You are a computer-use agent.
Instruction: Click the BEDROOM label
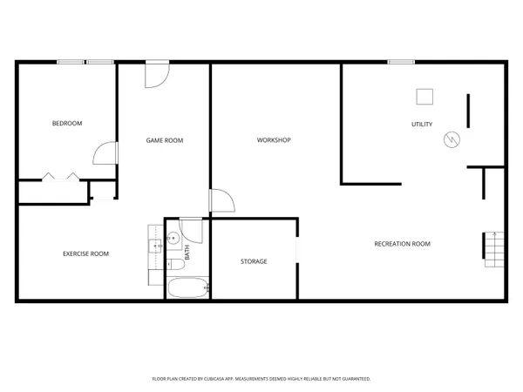tap(67, 124)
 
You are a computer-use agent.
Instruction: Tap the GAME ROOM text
tap(164, 140)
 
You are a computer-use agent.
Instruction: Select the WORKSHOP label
tap(274, 140)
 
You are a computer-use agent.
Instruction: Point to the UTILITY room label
tap(422, 125)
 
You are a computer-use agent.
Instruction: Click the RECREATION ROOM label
tap(402, 244)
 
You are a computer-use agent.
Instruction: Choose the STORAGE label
tap(254, 261)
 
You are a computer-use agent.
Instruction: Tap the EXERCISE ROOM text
tap(85, 253)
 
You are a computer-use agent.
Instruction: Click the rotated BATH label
tap(187, 253)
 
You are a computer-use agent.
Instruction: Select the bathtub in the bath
tap(187, 288)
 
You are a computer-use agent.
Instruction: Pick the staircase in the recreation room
tap(494, 249)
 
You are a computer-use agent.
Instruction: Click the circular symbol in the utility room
tap(452, 139)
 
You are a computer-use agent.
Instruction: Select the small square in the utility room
tap(425, 96)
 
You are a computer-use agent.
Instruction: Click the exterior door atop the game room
tap(157, 73)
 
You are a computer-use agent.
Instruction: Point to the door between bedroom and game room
tap(105, 153)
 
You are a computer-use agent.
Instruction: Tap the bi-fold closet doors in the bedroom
tap(60, 178)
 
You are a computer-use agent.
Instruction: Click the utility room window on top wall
tap(401, 61)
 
